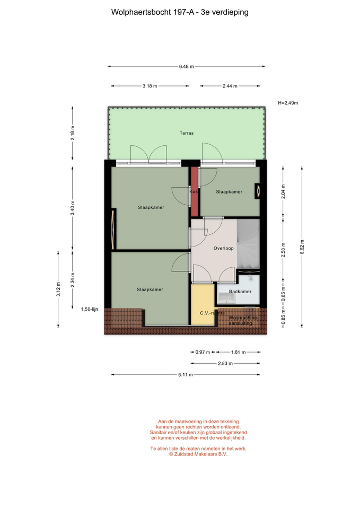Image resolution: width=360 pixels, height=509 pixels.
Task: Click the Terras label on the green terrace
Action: pos(187,133)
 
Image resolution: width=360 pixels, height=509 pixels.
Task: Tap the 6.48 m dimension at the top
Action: pos(186,67)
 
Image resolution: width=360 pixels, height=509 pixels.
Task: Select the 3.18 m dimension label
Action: pos(150,86)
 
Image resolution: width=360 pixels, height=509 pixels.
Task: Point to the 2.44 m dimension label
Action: pos(230,86)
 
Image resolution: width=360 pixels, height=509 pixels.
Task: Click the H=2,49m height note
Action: pos(288,103)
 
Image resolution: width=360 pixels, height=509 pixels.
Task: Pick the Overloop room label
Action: pos(223,248)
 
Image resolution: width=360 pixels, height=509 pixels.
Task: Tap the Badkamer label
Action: pos(240,292)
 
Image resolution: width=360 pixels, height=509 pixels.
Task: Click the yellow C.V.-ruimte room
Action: pos(203,304)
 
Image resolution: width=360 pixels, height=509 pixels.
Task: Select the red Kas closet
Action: pos(194,191)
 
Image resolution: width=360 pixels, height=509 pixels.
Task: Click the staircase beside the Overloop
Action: pos(248,244)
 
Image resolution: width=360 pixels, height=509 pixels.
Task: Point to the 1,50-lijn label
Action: pos(90,309)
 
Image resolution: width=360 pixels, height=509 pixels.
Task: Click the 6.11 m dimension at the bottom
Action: pos(186,375)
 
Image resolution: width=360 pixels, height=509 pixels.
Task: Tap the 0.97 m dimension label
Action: pos(203,352)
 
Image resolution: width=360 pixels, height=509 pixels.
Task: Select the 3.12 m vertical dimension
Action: pos(58,289)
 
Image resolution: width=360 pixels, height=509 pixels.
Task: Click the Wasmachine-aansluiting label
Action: pos(243,320)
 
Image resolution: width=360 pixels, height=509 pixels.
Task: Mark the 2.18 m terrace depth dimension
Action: pos(73,133)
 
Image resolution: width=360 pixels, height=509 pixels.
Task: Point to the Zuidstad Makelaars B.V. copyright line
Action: pos(198,454)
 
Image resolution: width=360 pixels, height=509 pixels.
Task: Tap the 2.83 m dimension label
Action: pos(225,364)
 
